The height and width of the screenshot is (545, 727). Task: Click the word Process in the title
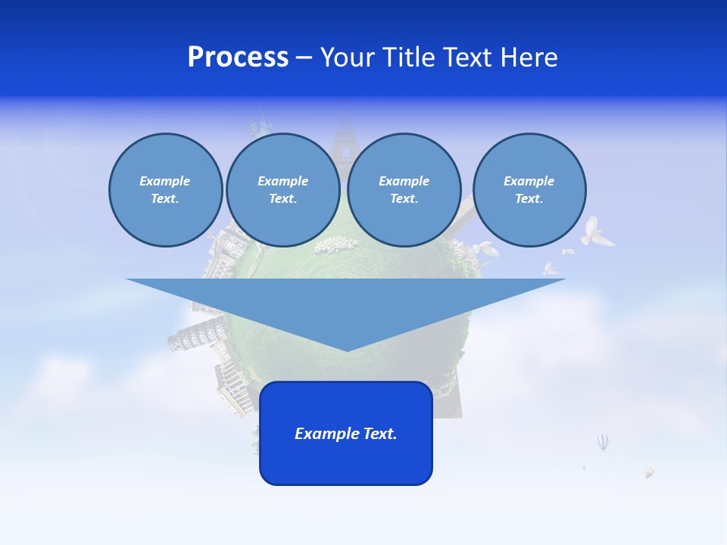point(238,58)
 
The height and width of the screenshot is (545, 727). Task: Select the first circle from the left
point(165,190)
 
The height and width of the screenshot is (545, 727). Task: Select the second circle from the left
point(283,190)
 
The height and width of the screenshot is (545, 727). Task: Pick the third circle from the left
point(404,190)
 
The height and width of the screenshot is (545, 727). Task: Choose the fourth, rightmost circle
point(529,190)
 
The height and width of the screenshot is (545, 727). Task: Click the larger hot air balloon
point(602,441)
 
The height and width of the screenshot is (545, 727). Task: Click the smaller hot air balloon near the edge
point(649,472)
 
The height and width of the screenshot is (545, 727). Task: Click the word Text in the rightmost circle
point(529,199)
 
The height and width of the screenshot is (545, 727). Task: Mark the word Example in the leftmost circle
point(165,181)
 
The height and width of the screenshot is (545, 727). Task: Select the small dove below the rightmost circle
point(551,268)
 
